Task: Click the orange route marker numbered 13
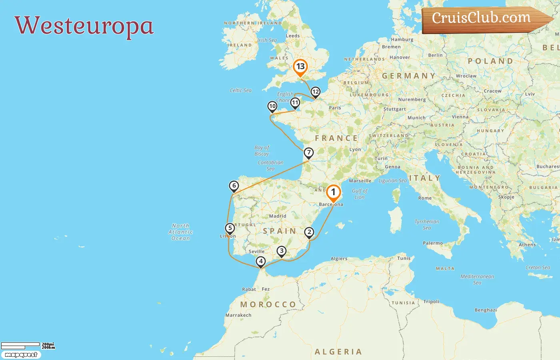click(300, 67)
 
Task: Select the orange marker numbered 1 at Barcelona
click(333, 192)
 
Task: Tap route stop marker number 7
click(308, 153)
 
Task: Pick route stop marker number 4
click(261, 262)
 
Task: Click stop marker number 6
click(234, 186)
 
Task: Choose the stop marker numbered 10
click(272, 106)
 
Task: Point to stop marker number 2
click(309, 232)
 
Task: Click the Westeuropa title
click(84, 26)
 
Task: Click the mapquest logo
click(21, 355)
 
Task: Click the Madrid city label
click(278, 216)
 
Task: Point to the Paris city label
click(335, 108)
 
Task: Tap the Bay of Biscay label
click(262, 150)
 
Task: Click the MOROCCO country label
click(268, 304)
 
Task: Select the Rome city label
click(425, 198)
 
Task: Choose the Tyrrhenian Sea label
click(427, 224)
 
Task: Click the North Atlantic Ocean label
click(180, 232)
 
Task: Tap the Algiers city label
click(339, 259)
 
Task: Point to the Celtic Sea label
click(240, 90)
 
